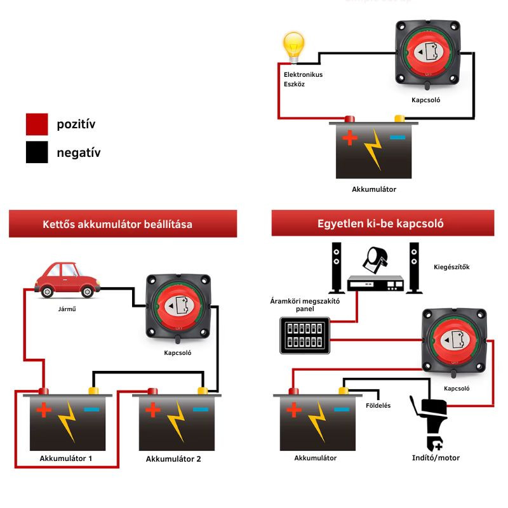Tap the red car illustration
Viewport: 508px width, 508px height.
click(x=67, y=281)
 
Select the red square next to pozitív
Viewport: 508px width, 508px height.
click(x=37, y=124)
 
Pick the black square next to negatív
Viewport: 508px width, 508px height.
click(x=37, y=152)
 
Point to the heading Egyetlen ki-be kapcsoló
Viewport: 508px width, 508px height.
click(x=380, y=224)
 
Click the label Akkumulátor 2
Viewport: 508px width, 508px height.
click(x=173, y=459)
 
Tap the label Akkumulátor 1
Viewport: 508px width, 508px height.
click(x=65, y=458)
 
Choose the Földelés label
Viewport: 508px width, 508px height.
click(x=378, y=405)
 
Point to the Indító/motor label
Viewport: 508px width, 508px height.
click(x=435, y=458)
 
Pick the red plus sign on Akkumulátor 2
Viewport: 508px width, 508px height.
click(x=152, y=410)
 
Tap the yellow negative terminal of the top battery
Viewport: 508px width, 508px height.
click(x=399, y=118)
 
